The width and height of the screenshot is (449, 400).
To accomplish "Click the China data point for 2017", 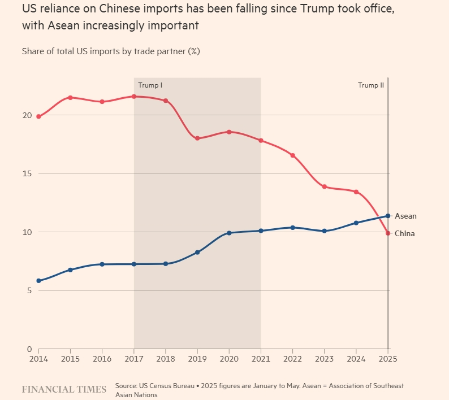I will click(x=134, y=97).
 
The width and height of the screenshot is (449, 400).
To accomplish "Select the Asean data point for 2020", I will click(x=229, y=233).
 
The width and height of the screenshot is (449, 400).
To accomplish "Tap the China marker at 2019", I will click(x=197, y=138).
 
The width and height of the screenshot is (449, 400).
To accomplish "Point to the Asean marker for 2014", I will click(x=38, y=281).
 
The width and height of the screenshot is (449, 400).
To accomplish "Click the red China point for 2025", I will click(x=388, y=233).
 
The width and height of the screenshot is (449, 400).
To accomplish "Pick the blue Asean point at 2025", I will click(x=388, y=216).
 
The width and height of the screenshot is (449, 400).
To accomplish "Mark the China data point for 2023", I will click(x=324, y=186).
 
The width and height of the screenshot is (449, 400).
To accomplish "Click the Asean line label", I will click(x=405, y=216).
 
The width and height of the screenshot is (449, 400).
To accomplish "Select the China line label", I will click(x=404, y=234).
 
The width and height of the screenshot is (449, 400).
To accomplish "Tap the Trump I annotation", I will click(x=150, y=85).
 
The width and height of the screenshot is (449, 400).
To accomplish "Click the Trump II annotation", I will click(x=371, y=85).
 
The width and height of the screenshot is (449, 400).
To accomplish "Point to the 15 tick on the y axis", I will click(x=27, y=173).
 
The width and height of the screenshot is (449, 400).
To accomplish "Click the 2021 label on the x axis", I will click(x=261, y=359).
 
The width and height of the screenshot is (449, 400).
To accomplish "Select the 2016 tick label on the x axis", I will click(x=102, y=359).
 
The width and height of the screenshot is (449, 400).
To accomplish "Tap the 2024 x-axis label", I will click(x=356, y=359).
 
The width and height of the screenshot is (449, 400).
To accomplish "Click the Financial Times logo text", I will click(x=64, y=389).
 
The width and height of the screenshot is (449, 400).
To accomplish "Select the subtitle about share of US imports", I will click(x=111, y=51).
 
